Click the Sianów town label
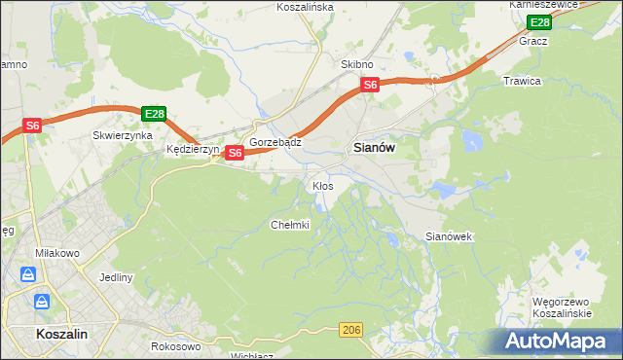371,148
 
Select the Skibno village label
357,64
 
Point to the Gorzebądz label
275,142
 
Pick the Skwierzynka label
123,136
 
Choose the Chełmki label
289,225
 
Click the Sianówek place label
449,236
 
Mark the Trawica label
522,81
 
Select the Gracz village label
533,42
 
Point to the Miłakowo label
40,252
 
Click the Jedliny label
116,277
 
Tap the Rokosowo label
176,345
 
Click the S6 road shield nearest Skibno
370,86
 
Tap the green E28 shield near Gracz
539,22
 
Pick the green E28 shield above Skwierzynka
153,114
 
